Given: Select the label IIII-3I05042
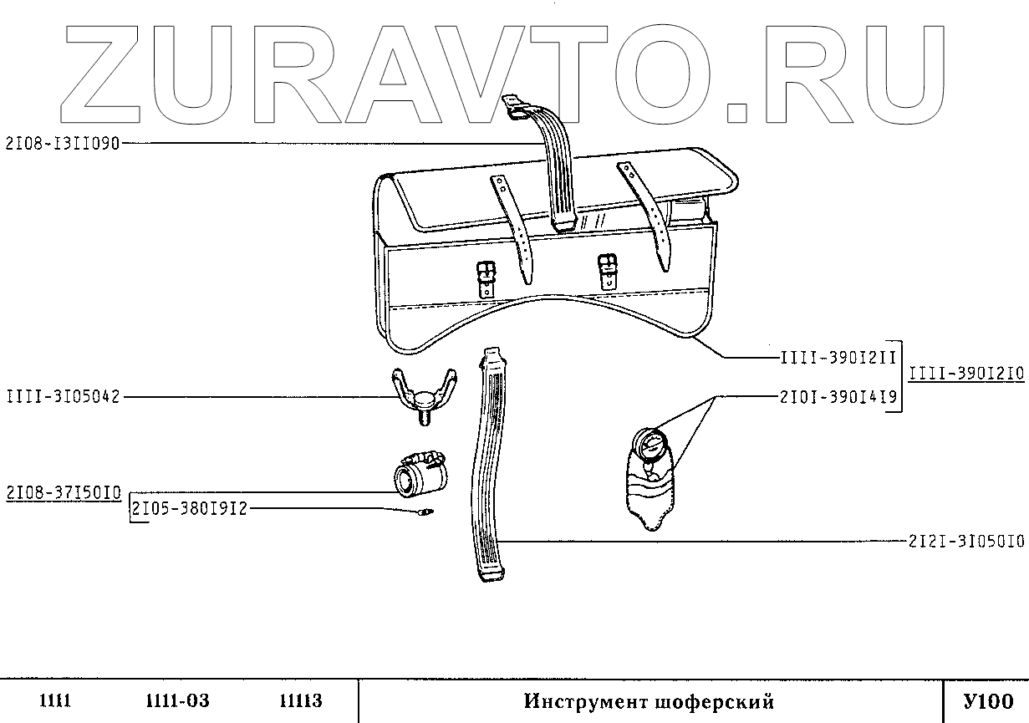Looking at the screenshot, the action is click(x=64, y=396).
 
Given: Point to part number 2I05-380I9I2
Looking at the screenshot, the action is click(x=190, y=509).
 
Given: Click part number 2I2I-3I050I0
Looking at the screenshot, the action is click(x=965, y=542).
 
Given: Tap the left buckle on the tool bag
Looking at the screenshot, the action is click(x=486, y=277).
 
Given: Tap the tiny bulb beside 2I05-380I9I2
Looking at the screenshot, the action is click(x=426, y=512).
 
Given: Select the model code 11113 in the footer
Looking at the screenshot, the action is click(x=299, y=701).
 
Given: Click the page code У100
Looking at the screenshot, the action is click(x=986, y=701).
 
